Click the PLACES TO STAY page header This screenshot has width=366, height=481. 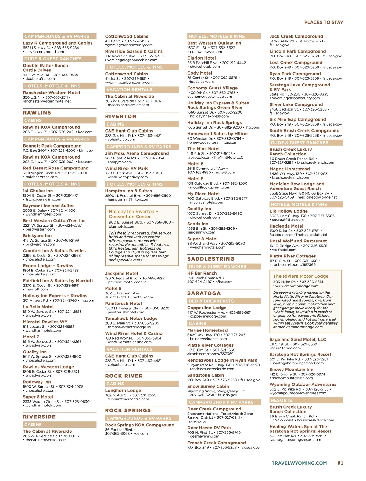point(323,22)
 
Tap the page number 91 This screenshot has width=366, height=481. point(340,463)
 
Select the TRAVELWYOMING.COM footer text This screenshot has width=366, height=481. point(299,463)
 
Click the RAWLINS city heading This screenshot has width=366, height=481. point(37,113)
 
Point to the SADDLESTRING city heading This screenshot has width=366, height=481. point(211,259)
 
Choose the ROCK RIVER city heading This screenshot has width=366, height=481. point(124,376)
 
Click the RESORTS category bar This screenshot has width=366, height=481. point(281,400)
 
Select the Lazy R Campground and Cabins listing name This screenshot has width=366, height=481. point(58,43)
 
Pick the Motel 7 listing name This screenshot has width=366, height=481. point(31,337)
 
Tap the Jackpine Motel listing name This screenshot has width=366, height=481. point(121,273)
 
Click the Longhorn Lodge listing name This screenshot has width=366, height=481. point(123,390)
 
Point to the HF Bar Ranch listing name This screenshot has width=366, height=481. point(202,273)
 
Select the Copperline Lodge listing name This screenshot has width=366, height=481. point(207,308)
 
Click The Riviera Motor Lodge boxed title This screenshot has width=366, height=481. point(301,276)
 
